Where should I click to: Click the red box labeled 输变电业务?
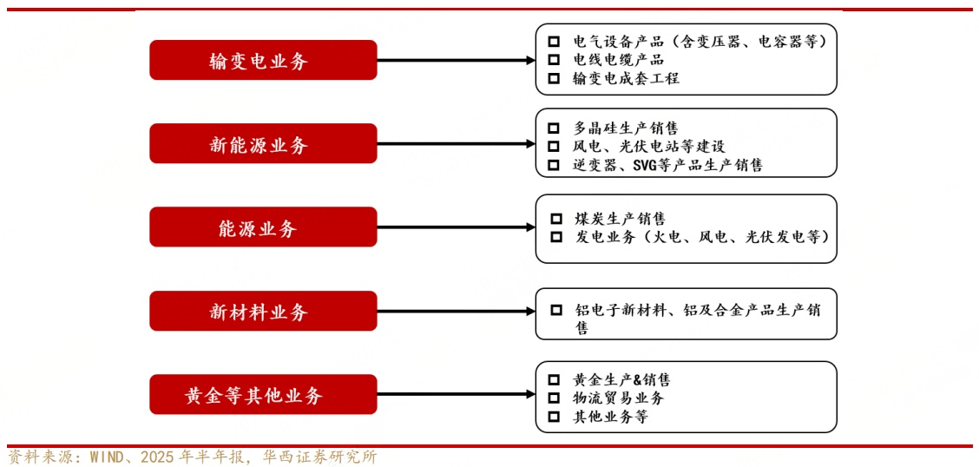[263, 60]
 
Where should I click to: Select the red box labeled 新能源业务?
[263, 144]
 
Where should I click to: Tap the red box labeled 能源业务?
[263, 227]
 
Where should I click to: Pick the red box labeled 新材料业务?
[263, 311]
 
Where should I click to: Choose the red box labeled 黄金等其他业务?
[263, 395]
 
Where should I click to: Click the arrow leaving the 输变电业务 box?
[456, 61]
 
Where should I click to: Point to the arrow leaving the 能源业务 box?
[456, 227]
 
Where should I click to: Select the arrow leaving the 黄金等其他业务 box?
[456, 395]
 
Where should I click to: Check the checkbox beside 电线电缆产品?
[554, 60]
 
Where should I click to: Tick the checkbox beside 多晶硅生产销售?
[554, 128]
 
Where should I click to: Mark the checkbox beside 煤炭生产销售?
[557, 218]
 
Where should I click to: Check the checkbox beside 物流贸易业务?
[554, 398]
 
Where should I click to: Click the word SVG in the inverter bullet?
[647, 165]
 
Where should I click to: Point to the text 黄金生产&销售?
[621, 380]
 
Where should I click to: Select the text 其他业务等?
[610, 417]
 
